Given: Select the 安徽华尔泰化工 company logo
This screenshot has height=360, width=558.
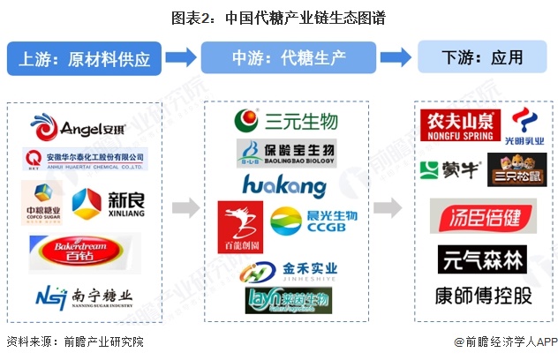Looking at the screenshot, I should point(85,160).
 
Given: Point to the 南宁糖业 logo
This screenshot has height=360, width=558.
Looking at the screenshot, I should point(85,296).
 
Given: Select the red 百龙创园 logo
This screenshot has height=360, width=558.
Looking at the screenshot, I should point(240,226).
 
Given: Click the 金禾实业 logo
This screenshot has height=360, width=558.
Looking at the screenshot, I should point(291,268).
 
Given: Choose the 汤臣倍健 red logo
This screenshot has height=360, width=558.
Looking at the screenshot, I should point(483,215).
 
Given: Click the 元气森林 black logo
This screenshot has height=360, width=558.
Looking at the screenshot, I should point(482,259).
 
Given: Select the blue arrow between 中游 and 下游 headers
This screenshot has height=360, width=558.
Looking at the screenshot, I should point(396,57).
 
